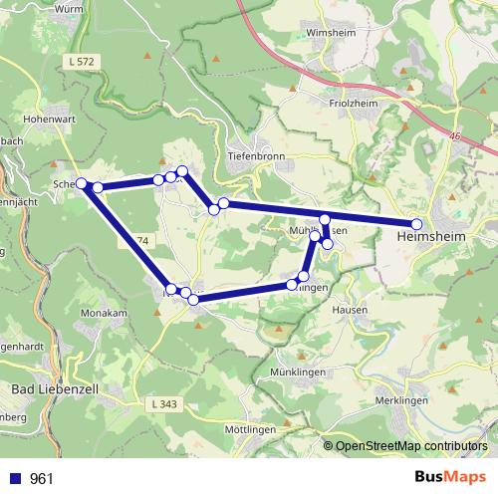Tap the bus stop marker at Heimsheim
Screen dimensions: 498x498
417,224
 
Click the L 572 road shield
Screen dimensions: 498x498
82,63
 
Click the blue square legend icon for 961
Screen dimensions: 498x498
16,479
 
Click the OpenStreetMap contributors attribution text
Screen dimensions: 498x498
411,445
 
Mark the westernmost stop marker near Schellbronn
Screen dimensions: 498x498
83,183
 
